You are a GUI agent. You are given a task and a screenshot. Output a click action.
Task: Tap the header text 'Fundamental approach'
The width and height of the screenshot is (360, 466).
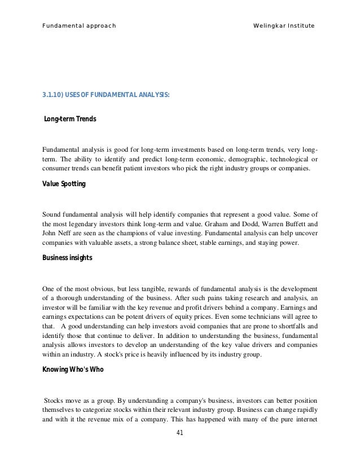click(79, 26)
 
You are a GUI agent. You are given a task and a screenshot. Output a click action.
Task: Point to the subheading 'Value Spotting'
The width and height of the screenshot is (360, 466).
click(64, 184)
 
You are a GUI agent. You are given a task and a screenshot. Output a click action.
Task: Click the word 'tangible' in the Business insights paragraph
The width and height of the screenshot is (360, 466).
click(146, 288)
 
